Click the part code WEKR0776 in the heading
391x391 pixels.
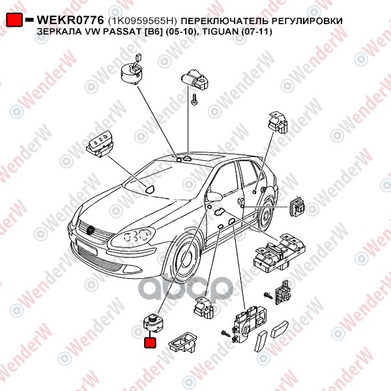[x=70, y=20]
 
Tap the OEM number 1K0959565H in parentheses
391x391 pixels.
[x=142, y=21]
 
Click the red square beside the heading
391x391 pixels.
[x=14, y=20]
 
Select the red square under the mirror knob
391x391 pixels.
[x=150, y=342]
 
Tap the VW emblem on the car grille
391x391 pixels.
[x=91, y=229]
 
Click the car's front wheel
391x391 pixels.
[x=186, y=260]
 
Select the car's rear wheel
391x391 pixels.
[x=265, y=214]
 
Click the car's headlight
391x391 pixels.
[x=133, y=237]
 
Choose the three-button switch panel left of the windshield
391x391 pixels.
[x=100, y=144]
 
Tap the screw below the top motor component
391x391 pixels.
[x=194, y=99]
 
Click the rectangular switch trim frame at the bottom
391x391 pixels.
[x=182, y=343]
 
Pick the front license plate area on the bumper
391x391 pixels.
[x=86, y=246]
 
